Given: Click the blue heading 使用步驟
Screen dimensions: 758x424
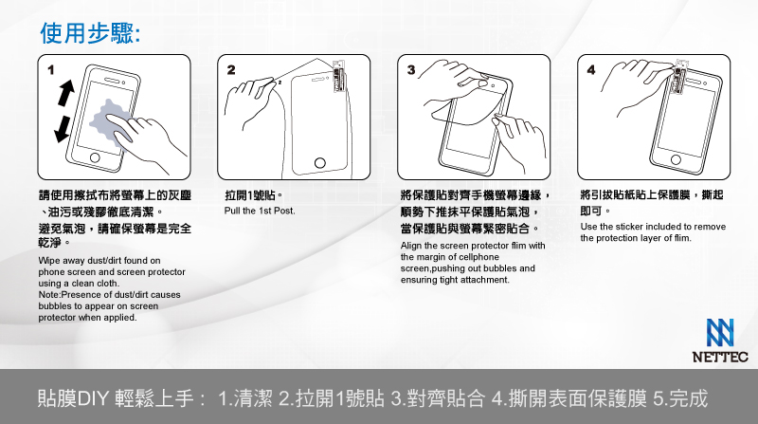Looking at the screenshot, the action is click(x=89, y=33).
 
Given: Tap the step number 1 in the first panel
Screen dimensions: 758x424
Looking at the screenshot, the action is click(x=51, y=70).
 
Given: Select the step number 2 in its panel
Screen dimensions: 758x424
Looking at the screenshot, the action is click(x=231, y=70).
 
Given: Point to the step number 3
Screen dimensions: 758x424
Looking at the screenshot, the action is click(x=411, y=70).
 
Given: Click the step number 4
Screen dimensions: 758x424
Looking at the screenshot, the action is click(x=590, y=70).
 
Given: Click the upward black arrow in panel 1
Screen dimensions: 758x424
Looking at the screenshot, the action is click(x=66, y=92).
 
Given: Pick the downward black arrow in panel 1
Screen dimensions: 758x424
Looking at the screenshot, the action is click(x=63, y=130).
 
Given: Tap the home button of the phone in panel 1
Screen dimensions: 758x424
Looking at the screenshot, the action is click(x=95, y=157).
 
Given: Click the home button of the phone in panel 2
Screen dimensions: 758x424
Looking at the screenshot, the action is click(x=320, y=163).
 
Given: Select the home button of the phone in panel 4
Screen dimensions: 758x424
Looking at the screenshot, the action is click(x=676, y=159).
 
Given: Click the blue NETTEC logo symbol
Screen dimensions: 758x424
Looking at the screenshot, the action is click(x=720, y=333).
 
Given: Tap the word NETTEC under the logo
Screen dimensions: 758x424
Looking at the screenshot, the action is click(x=720, y=358).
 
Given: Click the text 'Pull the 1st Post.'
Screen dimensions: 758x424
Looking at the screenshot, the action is click(x=260, y=211).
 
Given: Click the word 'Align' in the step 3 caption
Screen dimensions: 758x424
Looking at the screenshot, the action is click(x=411, y=246).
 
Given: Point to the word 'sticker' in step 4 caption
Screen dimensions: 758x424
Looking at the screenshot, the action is click(x=629, y=227).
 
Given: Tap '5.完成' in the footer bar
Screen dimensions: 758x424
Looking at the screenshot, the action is click(x=680, y=398).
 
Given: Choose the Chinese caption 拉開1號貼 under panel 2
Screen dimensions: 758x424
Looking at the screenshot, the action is click(x=254, y=195).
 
